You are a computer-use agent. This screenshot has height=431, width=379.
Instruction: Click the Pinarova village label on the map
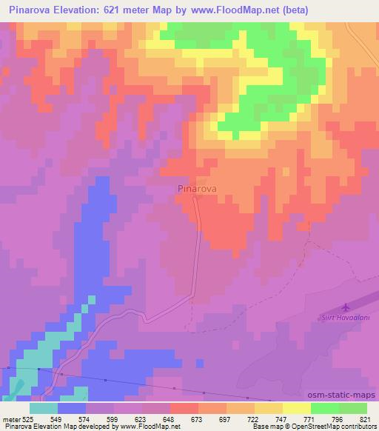[x=198, y=189]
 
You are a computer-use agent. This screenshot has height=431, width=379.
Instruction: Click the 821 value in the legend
[x=363, y=418]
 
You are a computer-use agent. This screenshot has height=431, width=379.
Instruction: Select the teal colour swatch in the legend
[x=44, y=408]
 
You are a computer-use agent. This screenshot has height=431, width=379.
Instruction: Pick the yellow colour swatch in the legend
[x=296, y=408]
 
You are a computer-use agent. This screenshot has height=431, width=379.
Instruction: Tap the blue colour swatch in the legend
[x=72, y=408]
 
